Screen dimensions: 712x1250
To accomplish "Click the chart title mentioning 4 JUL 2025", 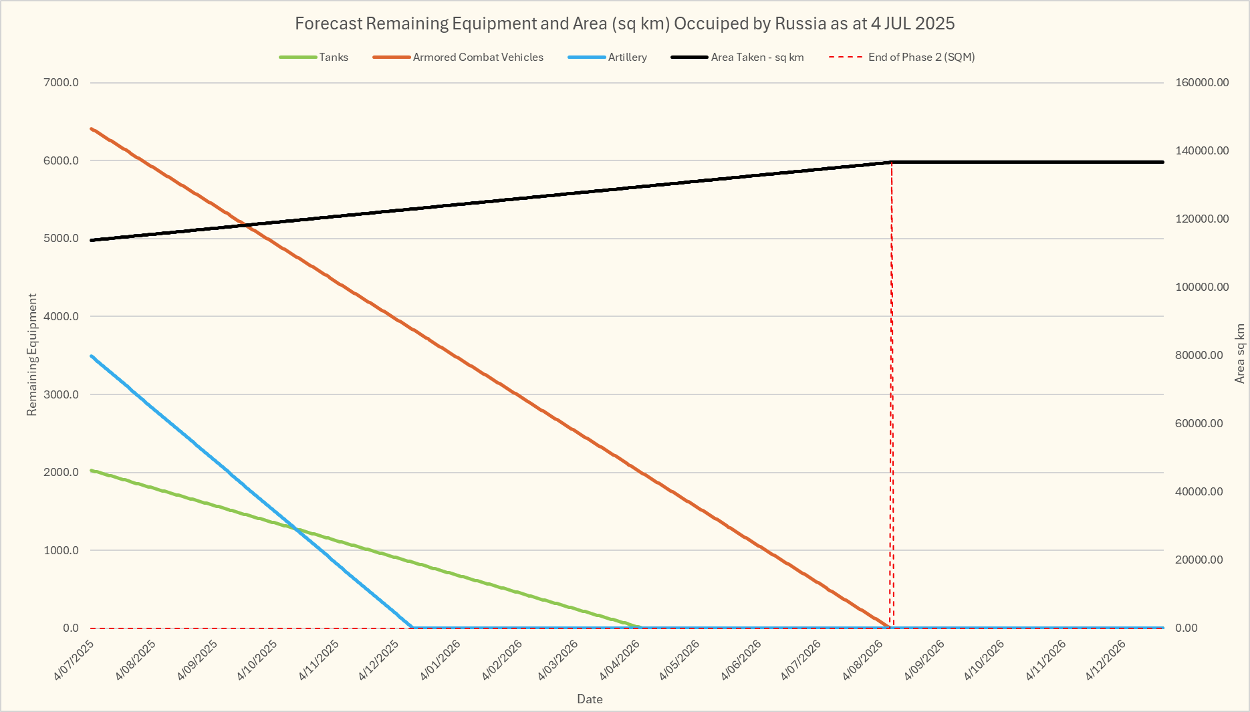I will [x=624, y=23].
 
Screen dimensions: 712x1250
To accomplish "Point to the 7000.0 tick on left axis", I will [x=61, y=83].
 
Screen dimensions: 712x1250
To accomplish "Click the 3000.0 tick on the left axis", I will [x=61, y=394].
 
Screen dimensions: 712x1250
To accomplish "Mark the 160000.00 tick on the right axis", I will [x=1202, y=83].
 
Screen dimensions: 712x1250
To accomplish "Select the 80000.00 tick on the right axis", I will [x=1202, y=356].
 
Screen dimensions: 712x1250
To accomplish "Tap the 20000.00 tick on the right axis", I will [x=1202, y=560].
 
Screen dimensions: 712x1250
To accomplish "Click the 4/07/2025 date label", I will [x=74, y=661].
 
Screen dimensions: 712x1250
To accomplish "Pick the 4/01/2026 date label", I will [x=441, y=661].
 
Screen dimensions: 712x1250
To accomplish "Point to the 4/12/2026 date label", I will [x=1106, y=661].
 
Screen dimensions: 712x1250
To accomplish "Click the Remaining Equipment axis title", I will [x=32, y=355].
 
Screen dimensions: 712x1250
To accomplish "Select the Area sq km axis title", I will [x=1240, y=354].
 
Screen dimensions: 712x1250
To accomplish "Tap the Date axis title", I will [x=590, y=699].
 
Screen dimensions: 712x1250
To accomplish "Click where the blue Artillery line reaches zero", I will [x=412, y=627].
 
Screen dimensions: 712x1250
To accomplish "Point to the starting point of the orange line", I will [x=91, y=128].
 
